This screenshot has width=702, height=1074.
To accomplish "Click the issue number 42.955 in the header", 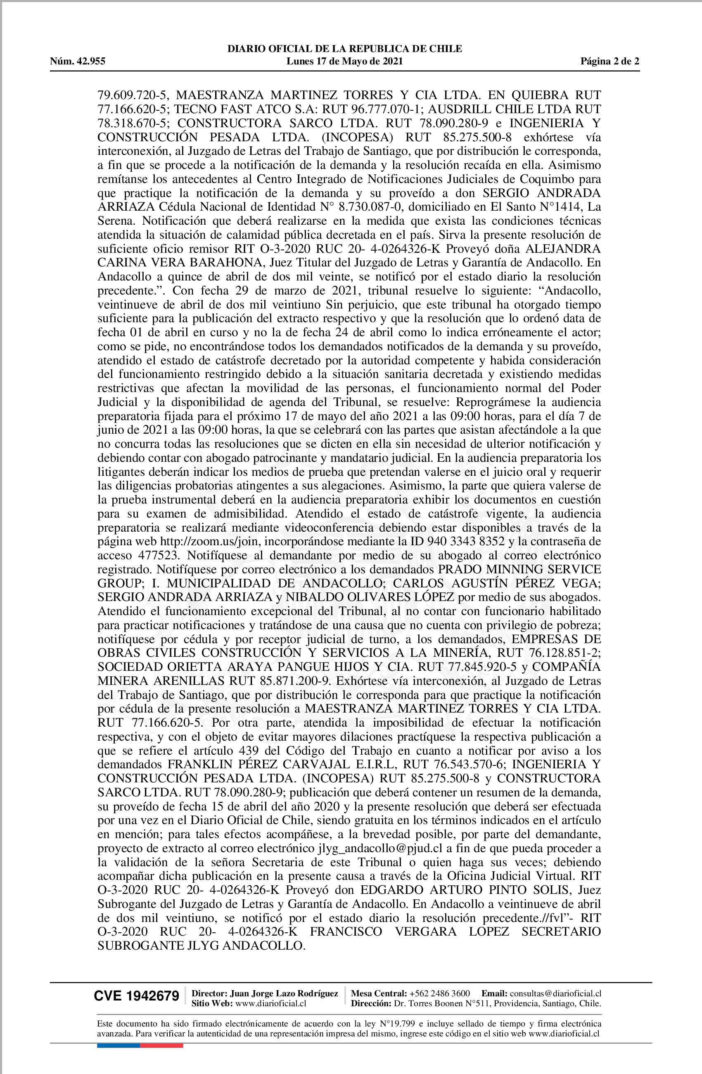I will click(x=90, y=62).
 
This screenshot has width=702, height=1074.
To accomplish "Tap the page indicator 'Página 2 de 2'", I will click(x=610, y=62).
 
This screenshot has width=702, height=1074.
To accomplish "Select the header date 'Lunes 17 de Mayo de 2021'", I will click(x=345, y=62).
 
